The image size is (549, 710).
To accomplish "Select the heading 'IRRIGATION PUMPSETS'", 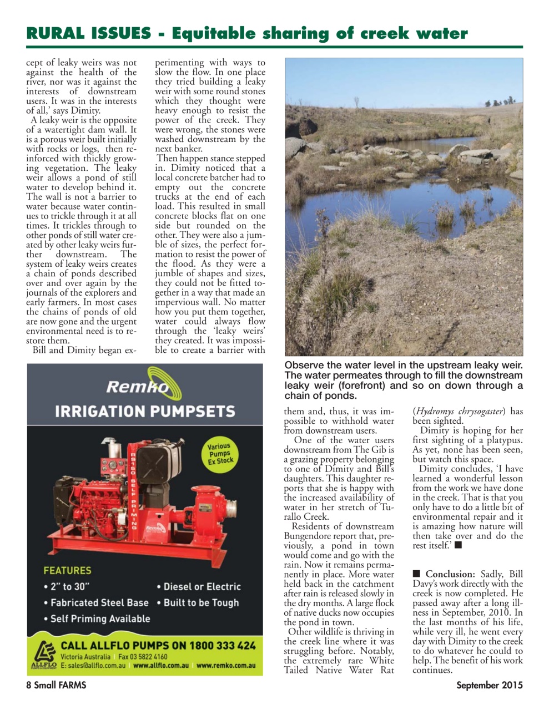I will tap(145, 412).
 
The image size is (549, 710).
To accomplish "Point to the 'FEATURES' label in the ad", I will tap(67, 570).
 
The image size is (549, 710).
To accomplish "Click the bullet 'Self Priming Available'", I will tap(97, 618).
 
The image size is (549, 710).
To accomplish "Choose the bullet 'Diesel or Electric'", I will tap(199, 586).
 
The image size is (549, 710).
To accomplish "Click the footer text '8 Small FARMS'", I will tap(56, 685).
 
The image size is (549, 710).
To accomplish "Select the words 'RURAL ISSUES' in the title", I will tap(88, 34).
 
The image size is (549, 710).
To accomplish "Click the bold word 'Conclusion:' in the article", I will tap(450, 574).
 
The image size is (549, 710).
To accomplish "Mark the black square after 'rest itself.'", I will tap(458, 545).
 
